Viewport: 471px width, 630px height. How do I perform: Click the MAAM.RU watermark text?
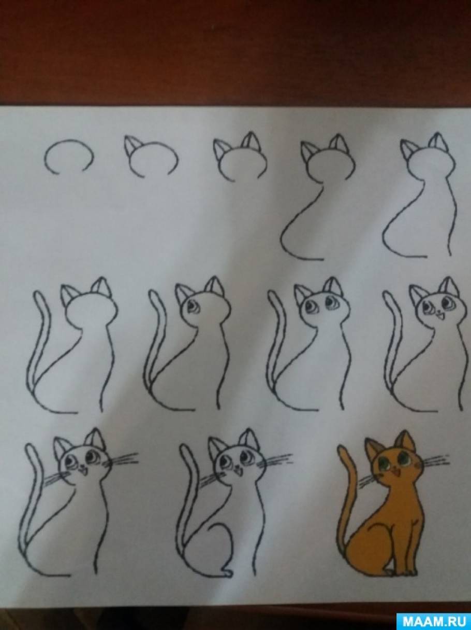click(434, 621)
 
